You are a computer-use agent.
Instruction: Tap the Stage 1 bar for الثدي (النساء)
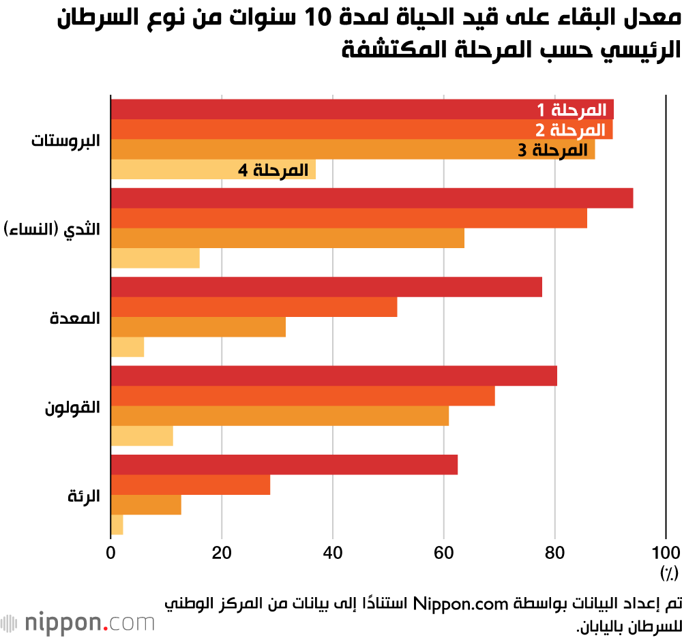(372, 198)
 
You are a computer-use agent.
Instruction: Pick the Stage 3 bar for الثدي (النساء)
(287, 239)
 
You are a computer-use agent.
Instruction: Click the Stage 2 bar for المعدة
(254, 307)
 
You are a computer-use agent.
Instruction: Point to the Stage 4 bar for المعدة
(128, 348)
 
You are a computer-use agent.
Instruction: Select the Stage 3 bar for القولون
(280, 416)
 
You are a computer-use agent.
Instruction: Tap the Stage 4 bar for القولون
(142, 436)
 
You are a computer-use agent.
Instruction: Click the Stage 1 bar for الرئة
(284, 465)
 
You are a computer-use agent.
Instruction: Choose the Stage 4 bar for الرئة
(117, 526)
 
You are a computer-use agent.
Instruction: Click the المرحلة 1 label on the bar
(570, 110)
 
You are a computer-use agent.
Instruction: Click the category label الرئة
(84, 496)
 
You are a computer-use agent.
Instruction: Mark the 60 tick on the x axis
(444, 552)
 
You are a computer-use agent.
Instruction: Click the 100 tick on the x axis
(666, 552)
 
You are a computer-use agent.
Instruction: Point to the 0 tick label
(111, 552)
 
